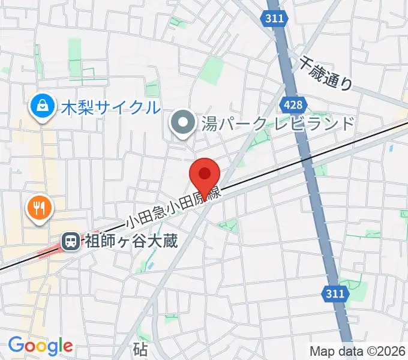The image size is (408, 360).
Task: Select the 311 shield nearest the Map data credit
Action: pyautogui.click(x=336, y=293)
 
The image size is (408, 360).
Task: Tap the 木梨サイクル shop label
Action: pyautogui.click(x=111, y=108)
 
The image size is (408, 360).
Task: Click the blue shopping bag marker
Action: pyautogui.click(x=43, y=107)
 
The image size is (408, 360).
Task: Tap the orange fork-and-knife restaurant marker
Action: pyautogui.click(x=40, y=208)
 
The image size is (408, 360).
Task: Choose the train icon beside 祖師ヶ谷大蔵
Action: pyautogui.click(x=70, y=242)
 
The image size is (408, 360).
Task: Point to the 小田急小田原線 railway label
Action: pyautogui.click(x=174, y=208)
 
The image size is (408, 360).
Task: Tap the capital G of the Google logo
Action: pyautogui.click(x=16, y=345)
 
